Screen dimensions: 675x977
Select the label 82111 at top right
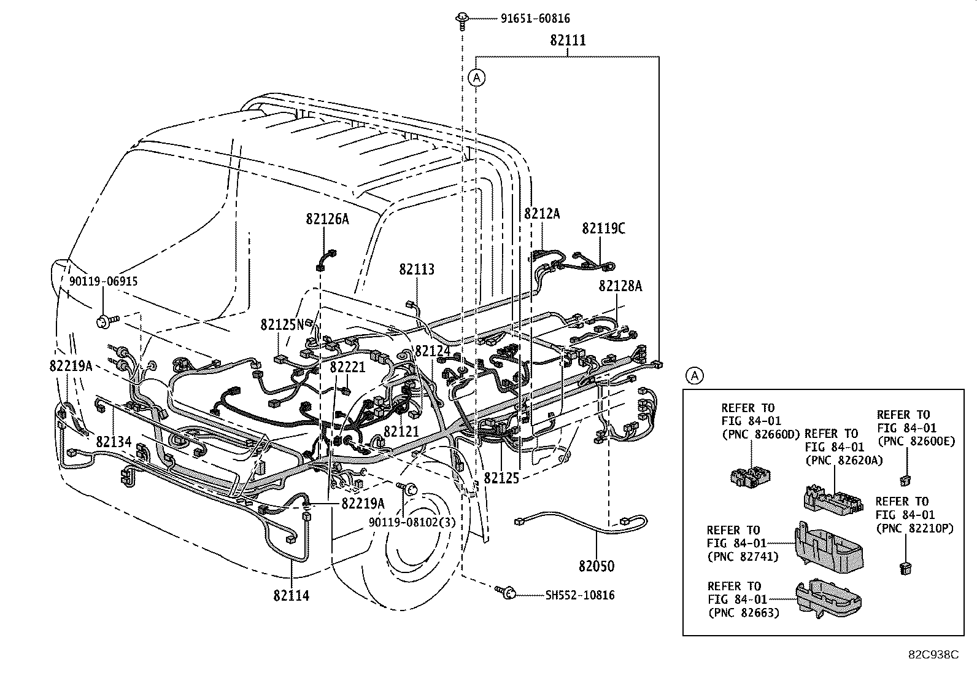(568, 41)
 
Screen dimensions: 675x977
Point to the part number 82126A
(327, 219)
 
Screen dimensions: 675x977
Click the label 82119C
(603, 228)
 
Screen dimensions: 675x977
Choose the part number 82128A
(620, 286)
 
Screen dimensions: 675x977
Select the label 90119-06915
(103, 281)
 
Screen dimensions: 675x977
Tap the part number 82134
(114, 442)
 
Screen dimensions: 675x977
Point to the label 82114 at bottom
(292, 595)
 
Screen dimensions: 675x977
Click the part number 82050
(596, 566)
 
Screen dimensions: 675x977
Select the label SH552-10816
(579, 595)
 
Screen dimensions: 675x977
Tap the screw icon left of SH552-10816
(506, 592)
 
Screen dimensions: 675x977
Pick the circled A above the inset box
(694, 375)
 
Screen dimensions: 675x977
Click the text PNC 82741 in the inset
(743, 556)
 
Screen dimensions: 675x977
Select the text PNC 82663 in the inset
(743, 612)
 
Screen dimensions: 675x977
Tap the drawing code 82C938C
(933, 655)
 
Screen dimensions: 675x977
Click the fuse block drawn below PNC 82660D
(750, 474)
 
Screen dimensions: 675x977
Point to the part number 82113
(417, 269)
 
